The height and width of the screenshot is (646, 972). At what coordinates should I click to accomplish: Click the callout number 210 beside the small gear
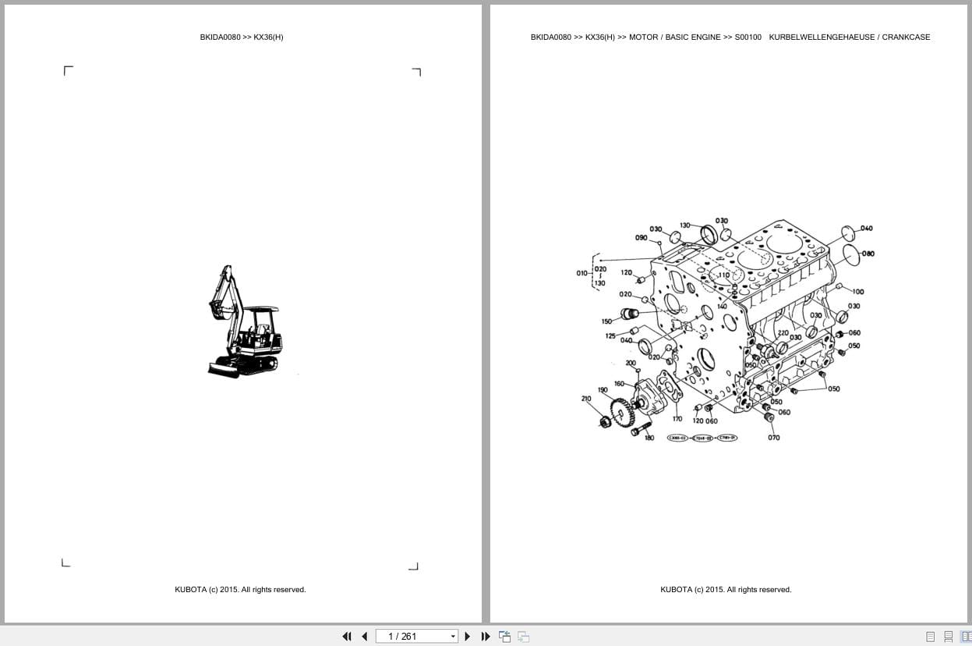tap(586, 399)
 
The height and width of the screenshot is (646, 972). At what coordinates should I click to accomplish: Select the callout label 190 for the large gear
tap(603, 390)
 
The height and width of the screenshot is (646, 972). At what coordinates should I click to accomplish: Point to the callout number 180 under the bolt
tap(649, 438)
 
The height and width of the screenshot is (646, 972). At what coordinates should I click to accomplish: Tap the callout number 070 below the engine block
tap(773, 438)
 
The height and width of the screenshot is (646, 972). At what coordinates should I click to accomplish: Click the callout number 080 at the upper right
tap(868, 254)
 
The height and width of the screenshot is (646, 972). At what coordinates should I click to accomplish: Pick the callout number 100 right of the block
tap(857, 292)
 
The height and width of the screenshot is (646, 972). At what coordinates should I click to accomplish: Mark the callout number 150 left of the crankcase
tap(606, 321)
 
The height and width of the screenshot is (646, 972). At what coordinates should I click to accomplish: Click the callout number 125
tap(610, 336)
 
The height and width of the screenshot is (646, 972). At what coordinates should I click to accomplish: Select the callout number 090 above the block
tap(641, 238)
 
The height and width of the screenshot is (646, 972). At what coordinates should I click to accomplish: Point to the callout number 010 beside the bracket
tap(582, 273)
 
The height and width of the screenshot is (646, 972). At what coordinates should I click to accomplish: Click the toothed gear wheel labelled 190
tap(621, 410)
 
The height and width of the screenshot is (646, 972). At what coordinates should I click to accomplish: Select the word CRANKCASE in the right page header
tap(906, 37)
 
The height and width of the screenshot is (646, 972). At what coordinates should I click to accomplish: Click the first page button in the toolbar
tap(347, 637)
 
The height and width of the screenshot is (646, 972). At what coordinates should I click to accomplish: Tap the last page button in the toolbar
tap(486, 637)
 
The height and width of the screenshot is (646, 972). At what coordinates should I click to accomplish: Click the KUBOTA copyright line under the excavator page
tap(240, 590)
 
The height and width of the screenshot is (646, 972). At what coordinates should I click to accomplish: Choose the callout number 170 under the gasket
tap(677, 419)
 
